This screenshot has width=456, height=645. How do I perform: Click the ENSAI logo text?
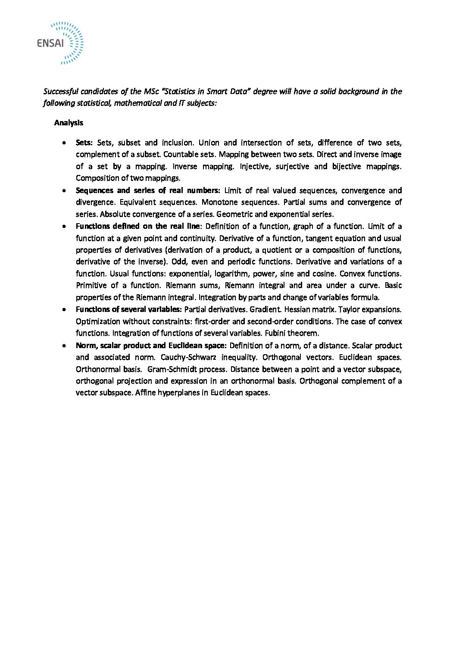click(x=50, y=43)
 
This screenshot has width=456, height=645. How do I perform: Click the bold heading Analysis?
click(x=69, y=123)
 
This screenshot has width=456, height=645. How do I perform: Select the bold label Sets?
click(x=84, y=143)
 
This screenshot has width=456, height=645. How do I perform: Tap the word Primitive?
click(x=91, y=285)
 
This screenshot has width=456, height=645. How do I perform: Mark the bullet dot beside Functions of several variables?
click(x=64, y=309)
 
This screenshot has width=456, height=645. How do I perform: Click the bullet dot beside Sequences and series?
click(x=64, y=190)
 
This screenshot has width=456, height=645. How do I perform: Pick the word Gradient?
click(x=265, y=309)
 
